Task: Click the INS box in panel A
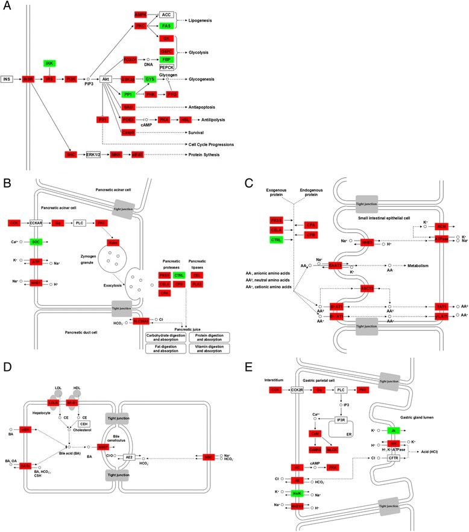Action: (7, 79)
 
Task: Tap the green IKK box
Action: (50, 63)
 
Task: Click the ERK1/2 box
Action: (93, 155)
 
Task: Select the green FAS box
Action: (166, 27)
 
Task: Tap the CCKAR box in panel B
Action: (37, 223)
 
